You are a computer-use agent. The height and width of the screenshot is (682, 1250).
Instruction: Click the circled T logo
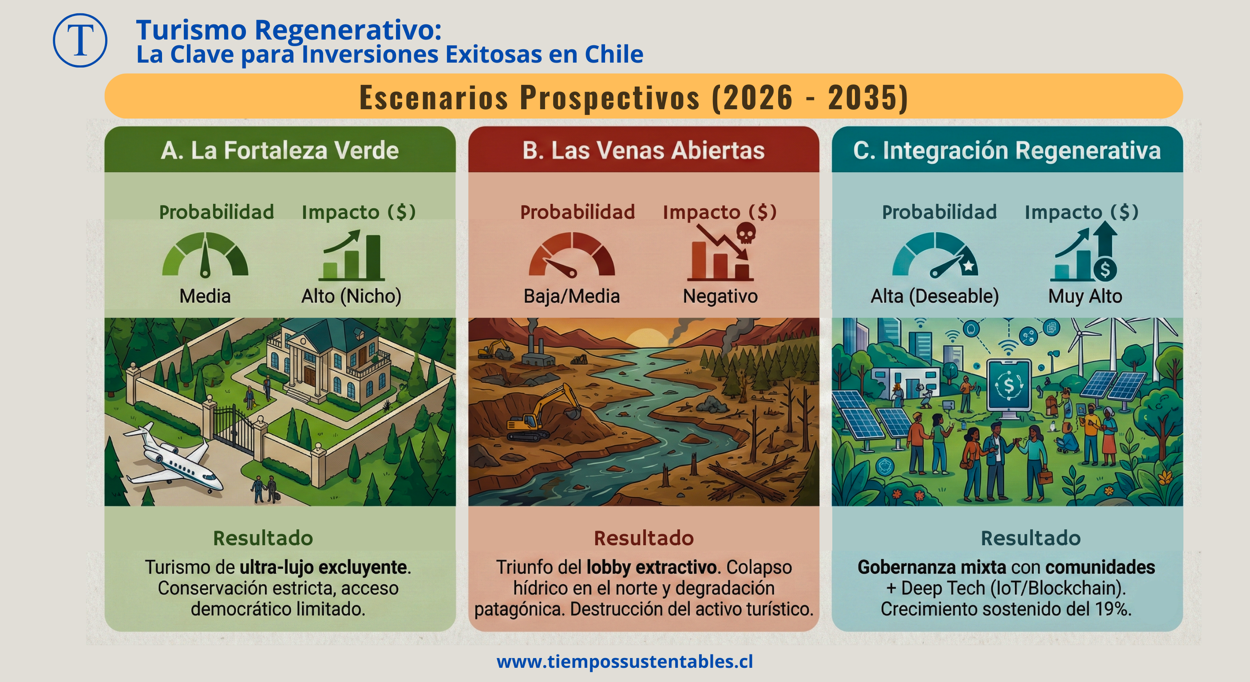(80, 40)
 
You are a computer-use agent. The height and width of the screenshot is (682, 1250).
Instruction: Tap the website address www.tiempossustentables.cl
(625, 661)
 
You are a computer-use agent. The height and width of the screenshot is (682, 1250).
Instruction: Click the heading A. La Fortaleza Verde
(280, 150)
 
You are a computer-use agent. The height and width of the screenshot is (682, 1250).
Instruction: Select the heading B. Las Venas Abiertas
(644, 150)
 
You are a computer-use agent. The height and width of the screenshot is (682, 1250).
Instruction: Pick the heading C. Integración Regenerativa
(1007, 150)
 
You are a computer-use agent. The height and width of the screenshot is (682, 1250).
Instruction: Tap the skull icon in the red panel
(746, 234)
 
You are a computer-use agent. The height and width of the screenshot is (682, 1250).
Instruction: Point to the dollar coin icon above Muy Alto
(1105, 270)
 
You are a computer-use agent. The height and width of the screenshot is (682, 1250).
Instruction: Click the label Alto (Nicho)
(351, 296)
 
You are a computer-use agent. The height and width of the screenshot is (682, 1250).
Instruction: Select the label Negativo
(720, 296)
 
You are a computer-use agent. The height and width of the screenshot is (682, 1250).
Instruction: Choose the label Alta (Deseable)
(934, 296)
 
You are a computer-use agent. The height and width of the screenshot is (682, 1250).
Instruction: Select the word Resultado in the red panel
(644, 538)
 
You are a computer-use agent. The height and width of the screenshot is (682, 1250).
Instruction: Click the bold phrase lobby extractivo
(651, 567)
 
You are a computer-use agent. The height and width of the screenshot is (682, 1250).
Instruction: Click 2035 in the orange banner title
(867, 97)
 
